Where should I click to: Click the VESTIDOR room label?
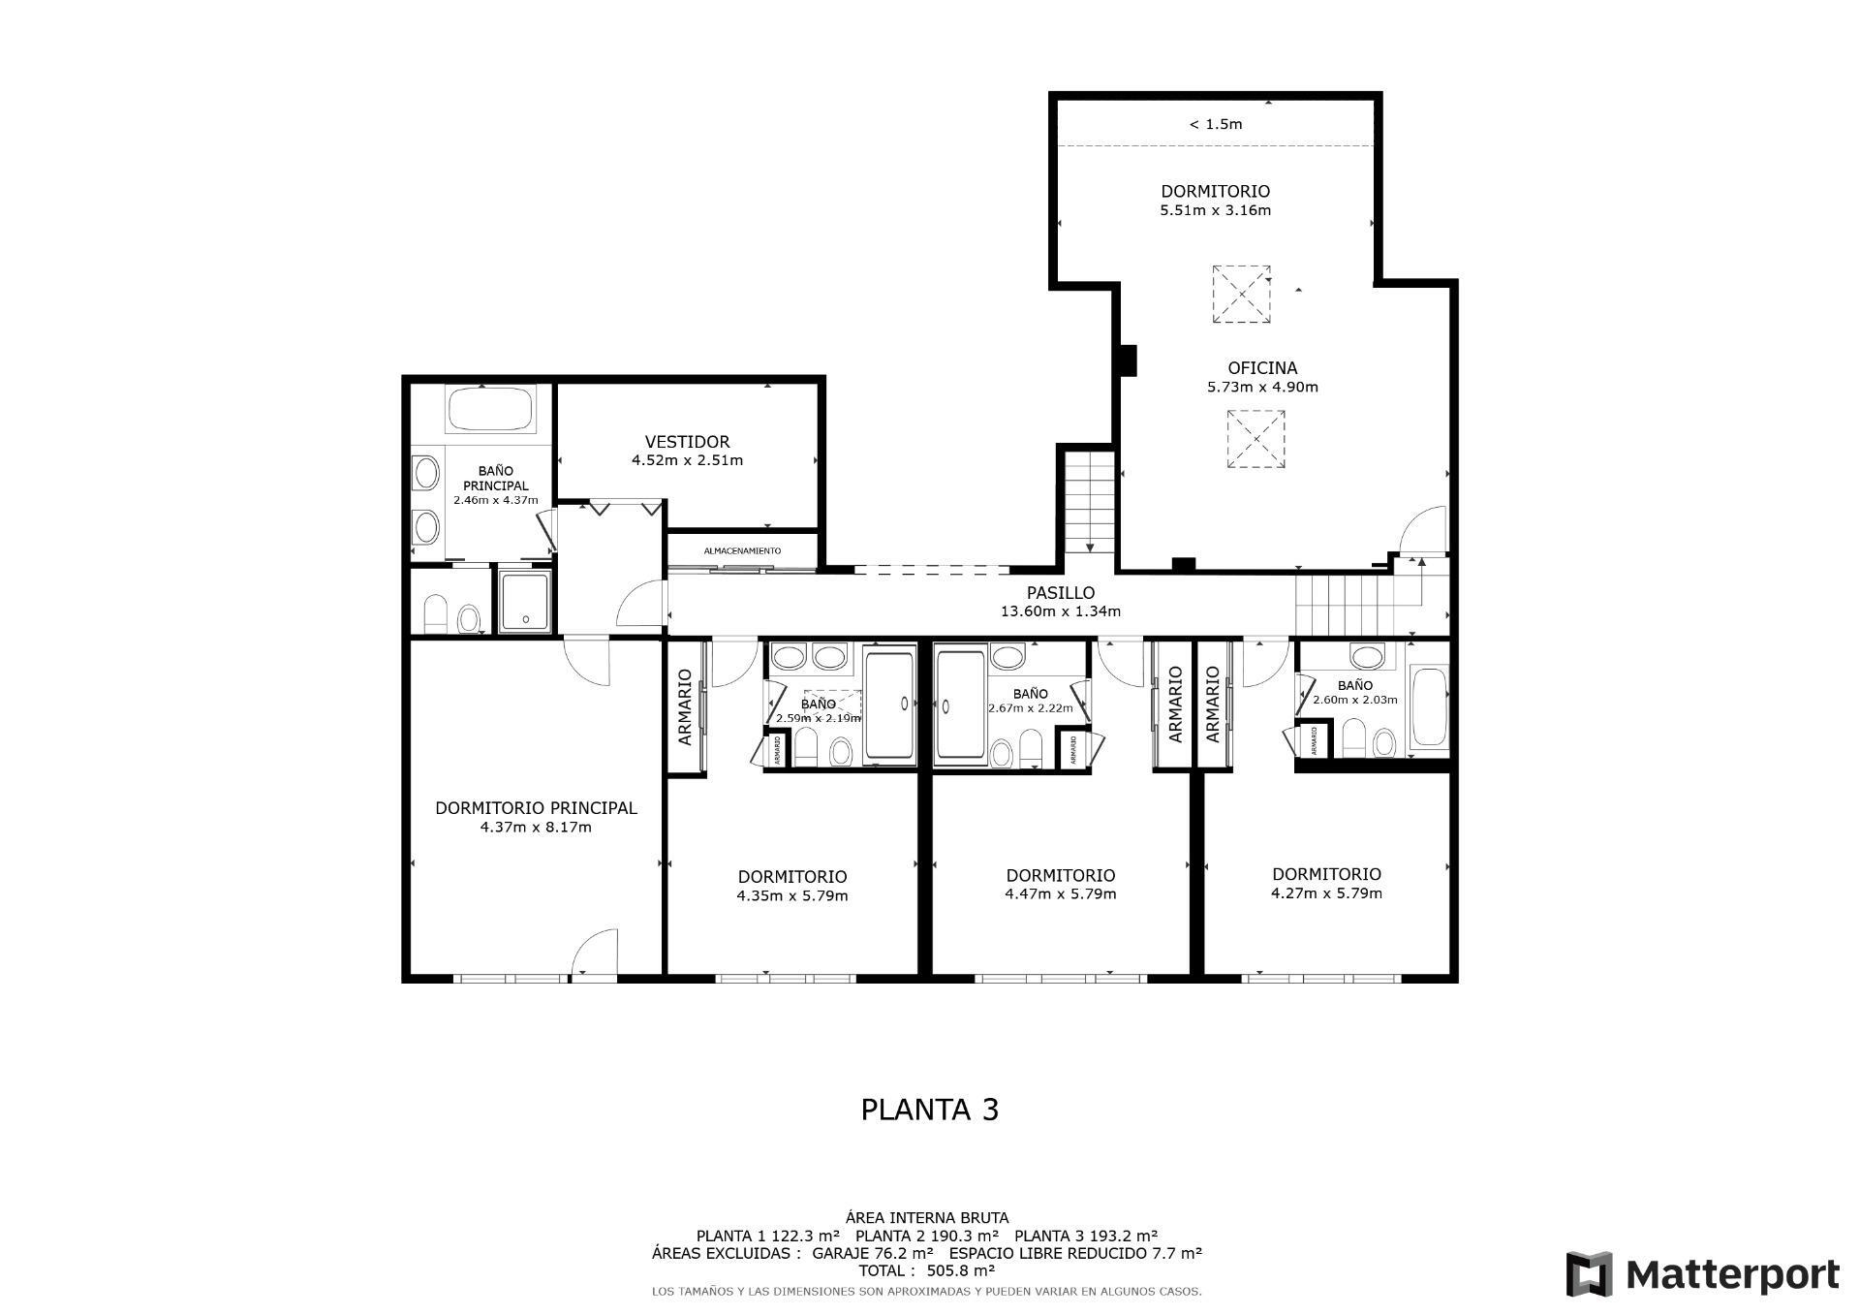pyautogui.click(x=687, y=442)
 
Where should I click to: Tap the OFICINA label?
pyautogui.click(x=1261, y=368)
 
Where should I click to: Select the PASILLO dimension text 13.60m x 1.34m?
pyautogui.click(x=1060, y=611)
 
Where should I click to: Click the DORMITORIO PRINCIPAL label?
pyautogui.click(x=536, y=808)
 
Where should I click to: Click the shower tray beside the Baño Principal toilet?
pyautogui.click(x=524, y=601)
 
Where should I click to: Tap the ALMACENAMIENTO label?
pyautogui.click(x=742, y=550)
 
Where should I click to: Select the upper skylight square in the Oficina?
pyautogui.click(x=1241, y=294)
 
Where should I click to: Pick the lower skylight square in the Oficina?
pyautogui.click(x=1255, y=439)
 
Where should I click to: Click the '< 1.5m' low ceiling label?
pyautogui.click(x=1215, y=124)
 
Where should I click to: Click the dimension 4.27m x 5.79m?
pyautogui.click(x=1326, y=893)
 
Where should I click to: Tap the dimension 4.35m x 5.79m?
pyautogui.click(x=791, y=895)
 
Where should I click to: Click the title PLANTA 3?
pyautogui.click(x=929, y=1110)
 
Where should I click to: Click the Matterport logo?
pyautogui.click(x=1702, y=1274)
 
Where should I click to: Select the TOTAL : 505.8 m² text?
pyautogui.click(x=926, y=1270)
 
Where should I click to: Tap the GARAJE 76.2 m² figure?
pyautogui.click(x=874, y=1253)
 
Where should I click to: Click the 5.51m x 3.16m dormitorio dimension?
pyautogui.click(x=1215, y=210)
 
